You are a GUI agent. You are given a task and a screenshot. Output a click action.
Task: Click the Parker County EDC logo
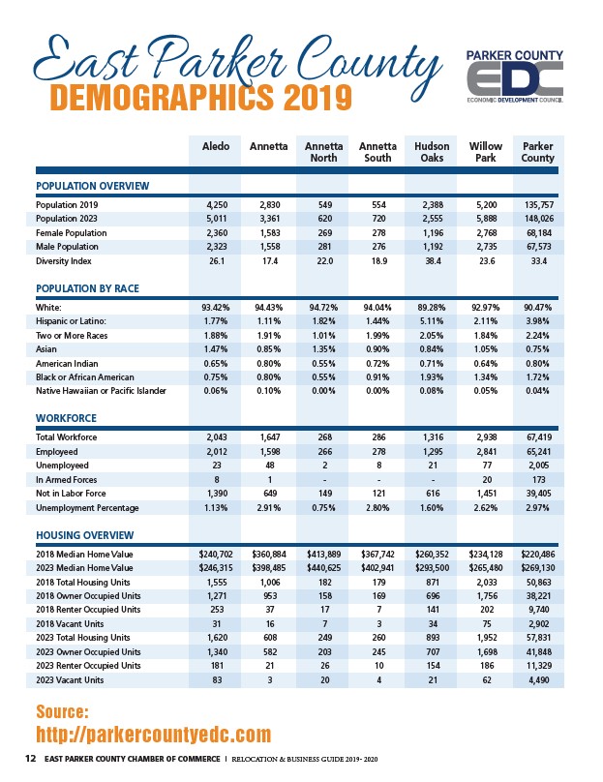pyautogui.click(x=514, y=75)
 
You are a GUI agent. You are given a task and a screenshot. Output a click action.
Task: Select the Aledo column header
pyautogui.click(x=216, y=146)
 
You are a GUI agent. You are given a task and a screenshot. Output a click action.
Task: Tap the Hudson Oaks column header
pyautogui.click(x=432, y=152)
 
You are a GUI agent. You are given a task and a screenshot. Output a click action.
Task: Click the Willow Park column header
pyautogui.click(x=485, y=152)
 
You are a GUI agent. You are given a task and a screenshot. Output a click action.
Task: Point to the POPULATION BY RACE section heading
pyautogui.click(x=87, y=288)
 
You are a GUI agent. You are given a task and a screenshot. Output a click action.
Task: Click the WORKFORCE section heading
pyautogui.click(x=67, y=418)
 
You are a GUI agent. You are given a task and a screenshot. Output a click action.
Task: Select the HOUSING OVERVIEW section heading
pyautogui.click(x=85, y=535)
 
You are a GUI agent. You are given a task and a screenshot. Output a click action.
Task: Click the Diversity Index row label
pyautogui.click(x=63, y=261)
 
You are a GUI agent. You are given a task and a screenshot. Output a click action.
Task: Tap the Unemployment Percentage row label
pyautogui.click(x=87, y=508)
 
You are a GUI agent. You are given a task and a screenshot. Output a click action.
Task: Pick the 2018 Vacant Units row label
pyautogui.click(x=70, y=624)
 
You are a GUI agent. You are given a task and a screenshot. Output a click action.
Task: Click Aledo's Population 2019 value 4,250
pyautogui.click(x=217, y=204)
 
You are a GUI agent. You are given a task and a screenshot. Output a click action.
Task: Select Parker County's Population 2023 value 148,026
pyautogui.click(x=539, y=219)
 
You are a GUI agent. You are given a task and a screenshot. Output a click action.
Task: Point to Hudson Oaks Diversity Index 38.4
pyautogui.click(x=433, y=261)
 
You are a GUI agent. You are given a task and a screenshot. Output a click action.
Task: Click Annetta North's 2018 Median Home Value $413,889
pyautogui.click(x=323, y=555)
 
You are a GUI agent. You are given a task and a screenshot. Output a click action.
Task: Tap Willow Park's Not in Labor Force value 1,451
pyautogui.click(x=487, y=494)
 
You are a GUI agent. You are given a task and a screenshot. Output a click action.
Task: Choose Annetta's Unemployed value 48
pyautogui.click(x=270, y=466)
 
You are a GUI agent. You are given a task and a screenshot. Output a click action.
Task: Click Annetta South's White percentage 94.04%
pyautogui.click(x=377, y=307)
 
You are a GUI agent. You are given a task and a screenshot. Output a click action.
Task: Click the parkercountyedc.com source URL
pyautogui.click(x=154, y=735)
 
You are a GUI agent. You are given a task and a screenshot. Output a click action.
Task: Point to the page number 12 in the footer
pyautogui.click(x=30, y=759)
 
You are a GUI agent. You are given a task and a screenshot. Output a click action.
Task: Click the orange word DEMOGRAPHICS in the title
pyautogui.click(x=162, y=98)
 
